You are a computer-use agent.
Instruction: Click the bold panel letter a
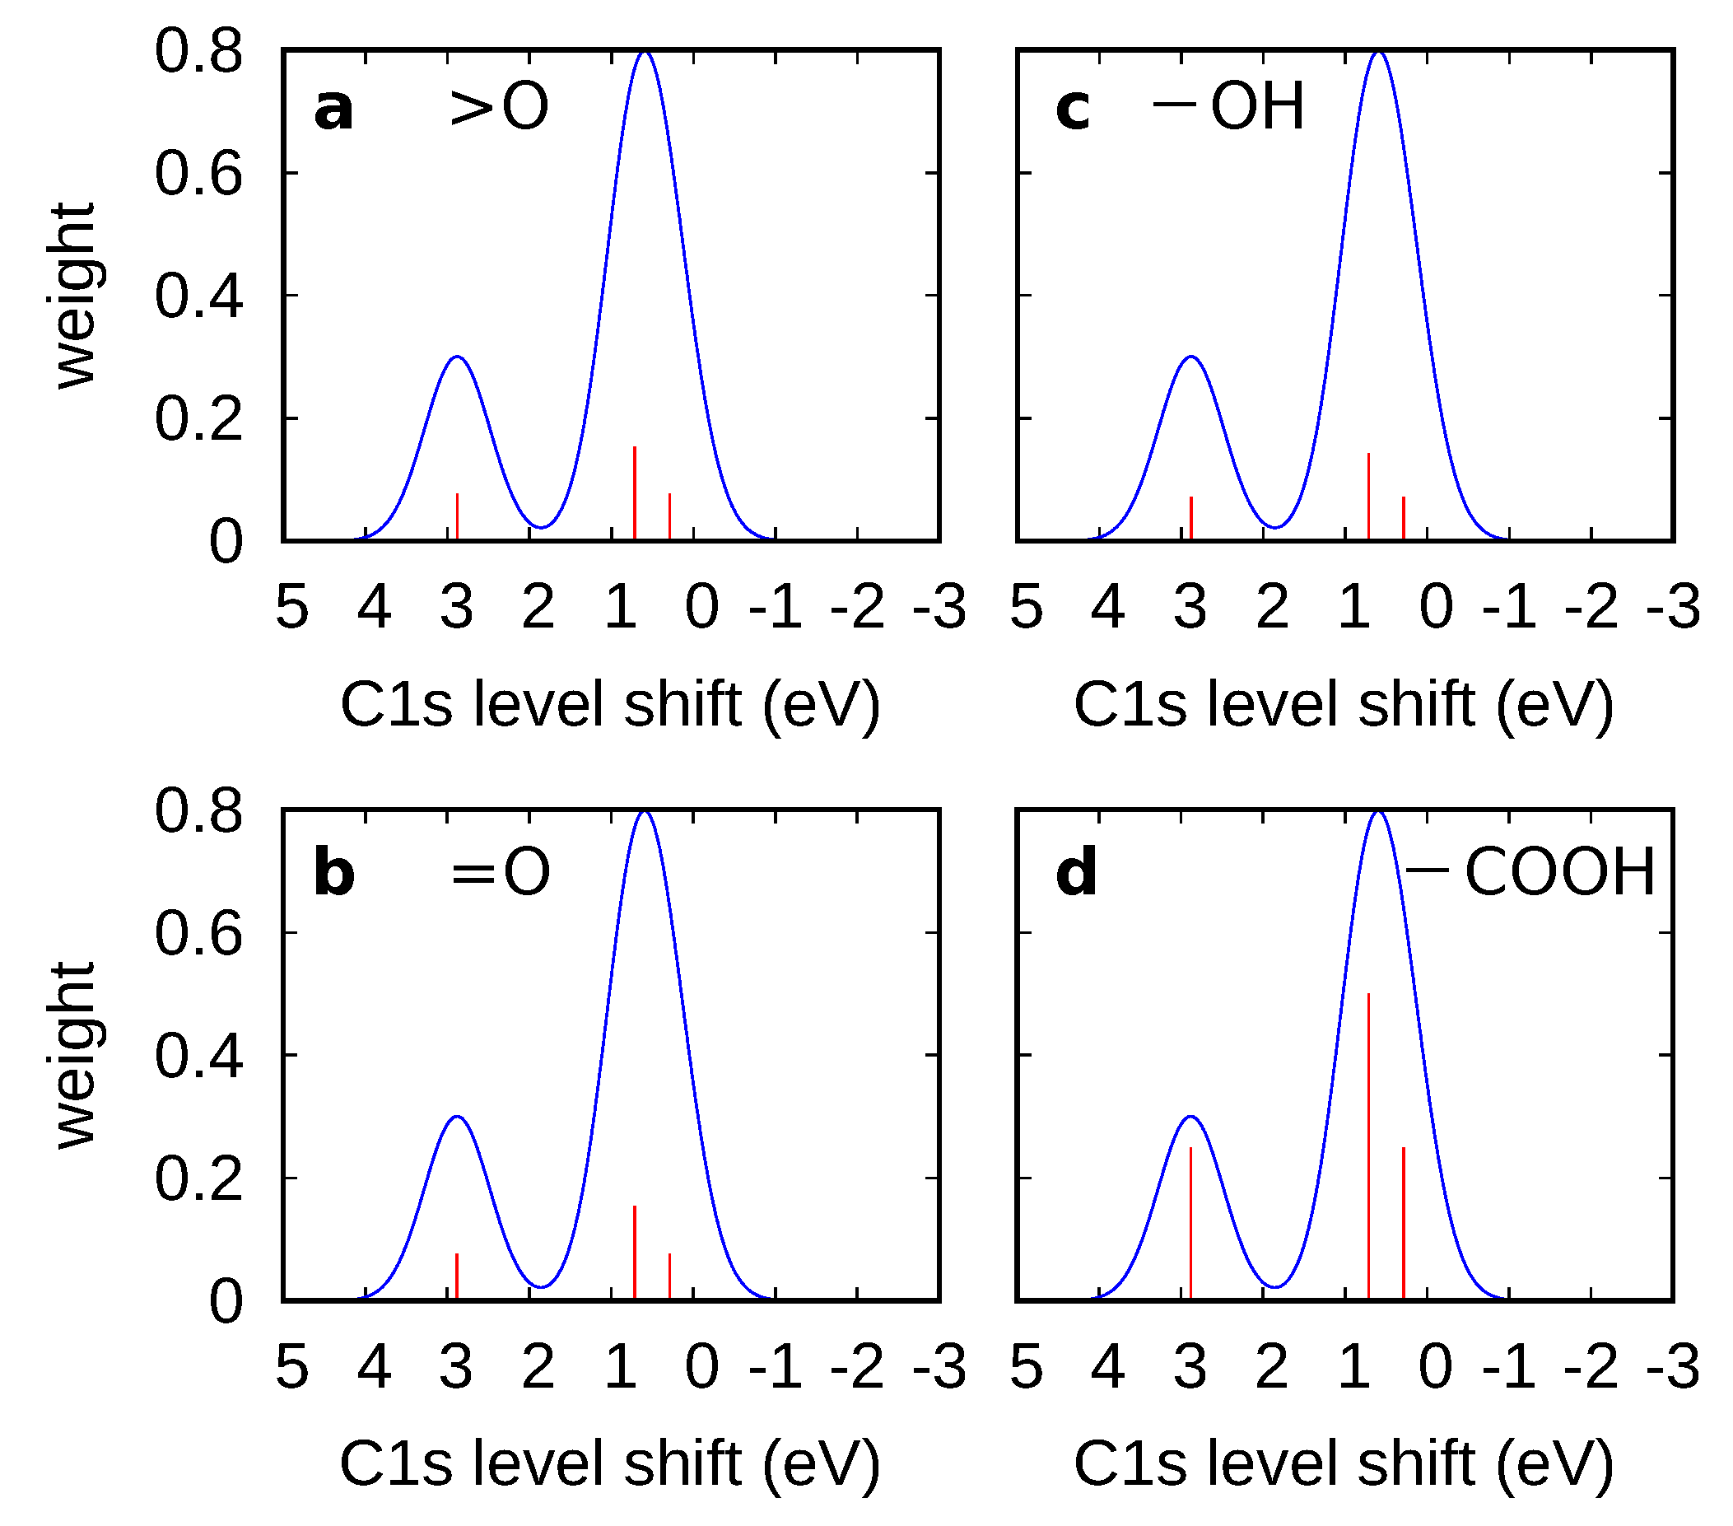pos(333,110)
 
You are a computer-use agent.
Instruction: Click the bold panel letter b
pos(334,874)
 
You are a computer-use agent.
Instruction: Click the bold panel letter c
pos(1073,110)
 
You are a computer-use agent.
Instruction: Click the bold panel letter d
pos(1076,874)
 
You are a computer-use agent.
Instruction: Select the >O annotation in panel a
pos(500,108)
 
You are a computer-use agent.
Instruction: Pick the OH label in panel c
pos(1256,108)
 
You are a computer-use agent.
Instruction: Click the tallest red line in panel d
pos(1368,1146)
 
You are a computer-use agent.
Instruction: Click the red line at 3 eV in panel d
pos(1190,1221)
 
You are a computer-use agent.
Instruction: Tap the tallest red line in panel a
pos(635,492)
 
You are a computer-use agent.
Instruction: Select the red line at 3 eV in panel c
pos(1190,518)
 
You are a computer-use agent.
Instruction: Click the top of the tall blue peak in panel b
pos(645,813)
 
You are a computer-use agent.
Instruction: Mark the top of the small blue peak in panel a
pos(457,357)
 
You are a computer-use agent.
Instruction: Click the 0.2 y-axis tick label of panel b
pos(198,1179)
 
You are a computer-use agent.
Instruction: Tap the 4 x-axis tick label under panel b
pos(374,1366)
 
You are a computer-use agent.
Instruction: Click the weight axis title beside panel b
pos(74,1056)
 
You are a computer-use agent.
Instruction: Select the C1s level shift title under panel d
pos(1344,1464)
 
